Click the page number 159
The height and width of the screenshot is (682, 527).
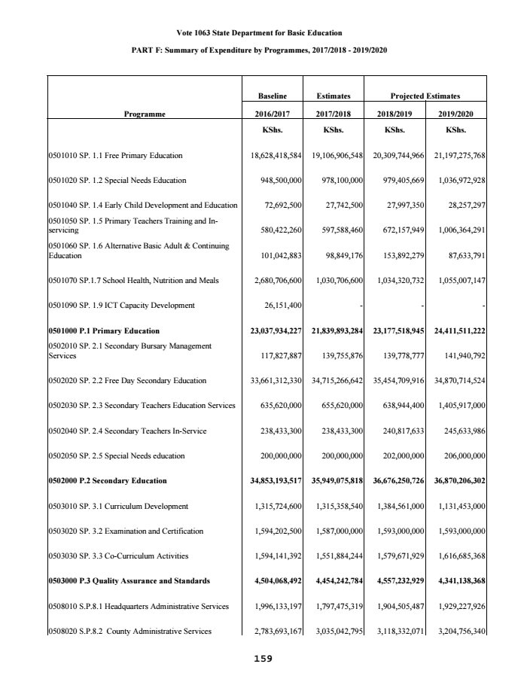(263, 658)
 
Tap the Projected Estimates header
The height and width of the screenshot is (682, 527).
(425, 96)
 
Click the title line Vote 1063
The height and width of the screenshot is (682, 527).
(259, 32)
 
